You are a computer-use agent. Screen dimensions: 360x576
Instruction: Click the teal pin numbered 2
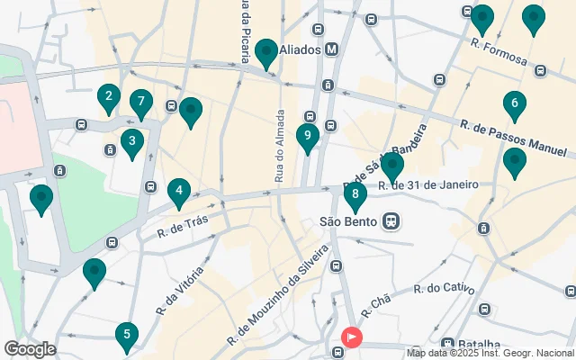(109, 97)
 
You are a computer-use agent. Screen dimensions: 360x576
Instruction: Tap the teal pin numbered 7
(139, 103)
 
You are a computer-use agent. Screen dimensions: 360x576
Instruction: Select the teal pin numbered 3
(132, 141)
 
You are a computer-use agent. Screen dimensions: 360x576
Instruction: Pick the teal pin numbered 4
(179, 191)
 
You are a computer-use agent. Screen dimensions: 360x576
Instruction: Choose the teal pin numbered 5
(127, 336)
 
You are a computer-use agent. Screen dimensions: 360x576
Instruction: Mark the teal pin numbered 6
(515, 104)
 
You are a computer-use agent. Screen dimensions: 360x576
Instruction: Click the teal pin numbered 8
(355, 194)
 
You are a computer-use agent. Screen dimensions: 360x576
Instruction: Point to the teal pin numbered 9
(308, 137)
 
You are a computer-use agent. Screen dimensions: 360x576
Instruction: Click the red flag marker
(350, 338)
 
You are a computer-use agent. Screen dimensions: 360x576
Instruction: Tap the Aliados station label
(301, 49)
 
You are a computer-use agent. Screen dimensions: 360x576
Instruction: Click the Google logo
(30, 349)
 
